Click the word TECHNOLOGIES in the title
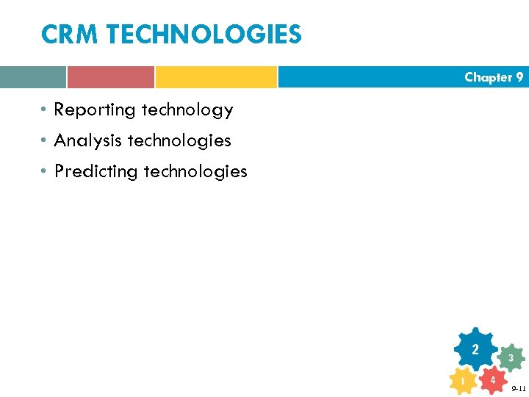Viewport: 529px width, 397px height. click(x=201, y=35)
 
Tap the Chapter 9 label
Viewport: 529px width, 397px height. click(x=493, y=77)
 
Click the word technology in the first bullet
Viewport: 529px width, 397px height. click(x=187, y=110)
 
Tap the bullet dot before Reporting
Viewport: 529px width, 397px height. click(x=45, y=110)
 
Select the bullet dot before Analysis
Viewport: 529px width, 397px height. click(x=45, y=140)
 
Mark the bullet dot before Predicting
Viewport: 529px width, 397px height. click(x=45, y=171)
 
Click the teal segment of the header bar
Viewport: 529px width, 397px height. click(x=32, y=77)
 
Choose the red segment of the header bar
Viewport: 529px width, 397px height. click(x=111, y=77)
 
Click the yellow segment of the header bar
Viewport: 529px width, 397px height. click(x=216, y=77)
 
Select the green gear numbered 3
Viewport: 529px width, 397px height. click(x=510, y=358)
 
